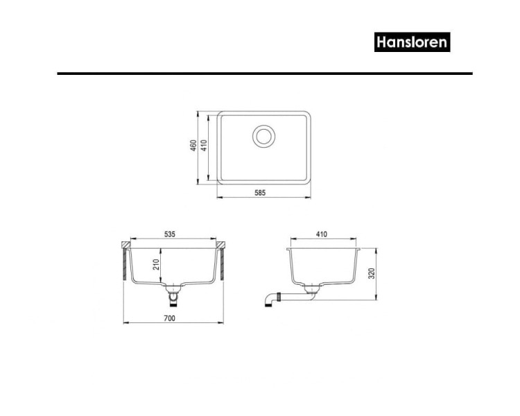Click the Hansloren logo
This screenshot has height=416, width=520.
(413, 42)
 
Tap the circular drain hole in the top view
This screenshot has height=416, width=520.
(264, 136)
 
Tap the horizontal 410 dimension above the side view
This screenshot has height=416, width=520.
(322, 234)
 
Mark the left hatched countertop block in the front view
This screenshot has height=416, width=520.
(127, 245)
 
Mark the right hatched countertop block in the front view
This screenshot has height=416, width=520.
(220, 245)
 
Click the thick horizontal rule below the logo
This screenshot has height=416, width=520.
(264, 73)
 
